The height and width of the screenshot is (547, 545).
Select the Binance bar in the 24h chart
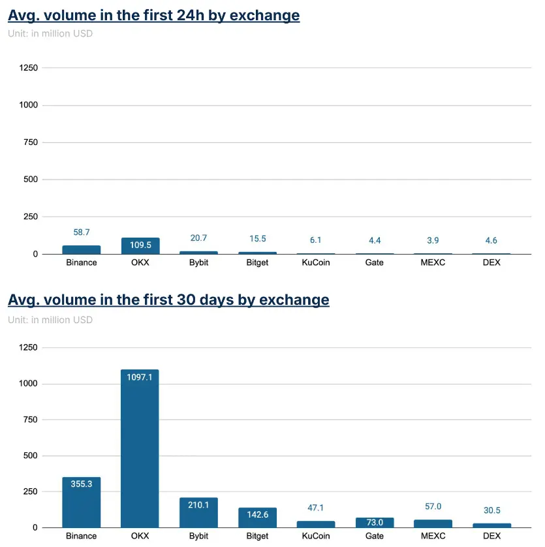[x=82, y=250]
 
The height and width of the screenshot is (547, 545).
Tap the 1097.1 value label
[x=140, y=377]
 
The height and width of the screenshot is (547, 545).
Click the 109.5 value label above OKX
[x=140, y=227]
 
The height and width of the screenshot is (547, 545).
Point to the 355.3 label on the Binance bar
[x=82, y=484]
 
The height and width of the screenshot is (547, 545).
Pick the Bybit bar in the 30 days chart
[x=198, y=512]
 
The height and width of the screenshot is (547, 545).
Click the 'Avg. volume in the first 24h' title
[x=153, y=15]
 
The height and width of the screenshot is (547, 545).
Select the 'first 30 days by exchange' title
[x=168, y=300]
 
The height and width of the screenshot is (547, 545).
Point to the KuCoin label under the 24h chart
[x=316, y=262]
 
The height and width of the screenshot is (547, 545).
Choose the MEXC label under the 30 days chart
[x=433, y=536]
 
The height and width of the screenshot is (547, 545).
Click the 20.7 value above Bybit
[x=198, y=238]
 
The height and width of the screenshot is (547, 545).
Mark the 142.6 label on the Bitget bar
[x=257, y=515]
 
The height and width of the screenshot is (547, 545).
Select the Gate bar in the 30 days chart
[x=375, y=522]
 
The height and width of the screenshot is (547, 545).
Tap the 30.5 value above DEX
[x=491, y=510]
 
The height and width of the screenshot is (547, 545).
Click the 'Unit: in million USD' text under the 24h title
[x=50, y=33]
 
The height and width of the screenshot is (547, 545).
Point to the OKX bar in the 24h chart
[x=140, y=245]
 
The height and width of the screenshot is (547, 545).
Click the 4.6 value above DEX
[x=491, y=240]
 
